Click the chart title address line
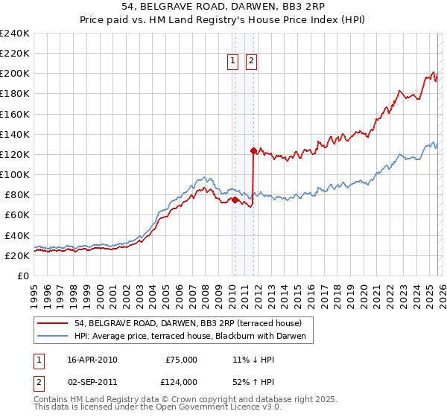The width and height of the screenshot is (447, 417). [x=223, y=7]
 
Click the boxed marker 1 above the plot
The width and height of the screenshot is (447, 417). [x=233, y=62]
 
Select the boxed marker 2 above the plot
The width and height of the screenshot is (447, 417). [x=251, y=62]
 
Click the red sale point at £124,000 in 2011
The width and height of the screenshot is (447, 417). [x=253, y=150]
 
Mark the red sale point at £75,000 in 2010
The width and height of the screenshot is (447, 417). [x=235, y=200]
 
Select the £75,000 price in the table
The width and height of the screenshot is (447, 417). [x=181, y=360]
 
